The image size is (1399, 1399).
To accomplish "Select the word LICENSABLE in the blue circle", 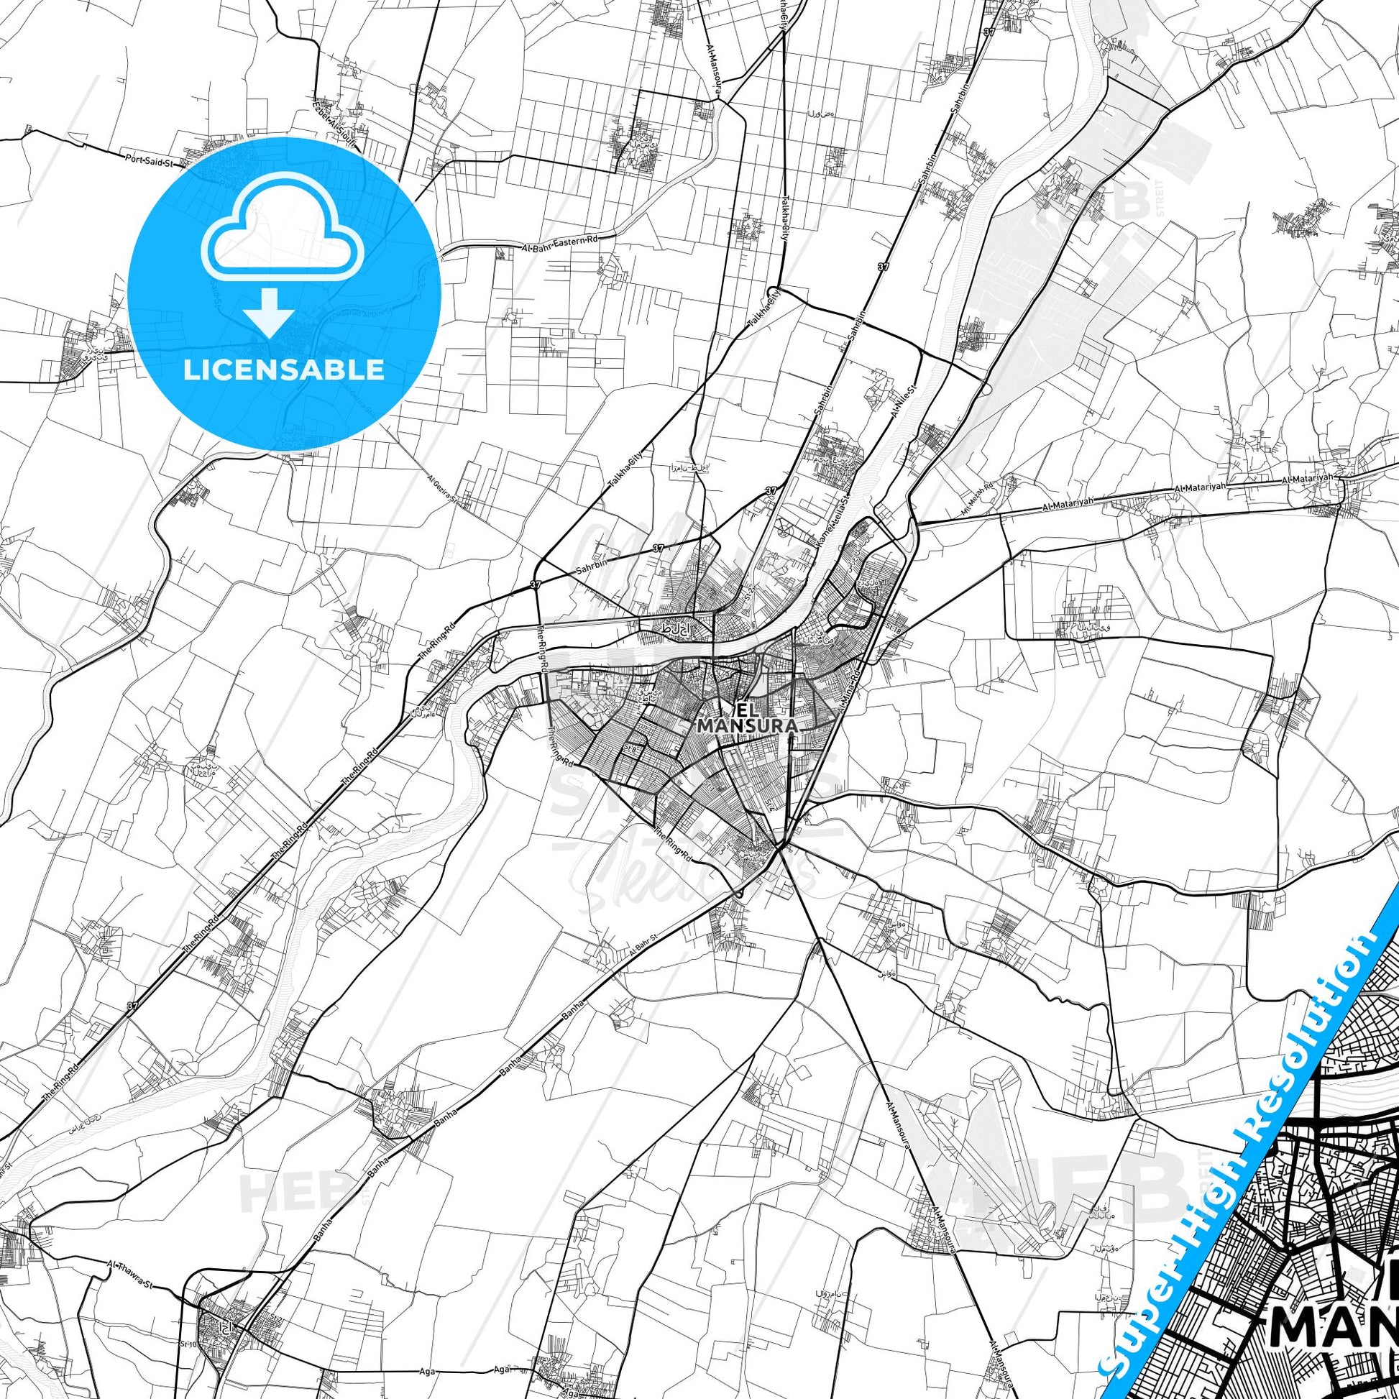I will (x=284, y=370).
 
